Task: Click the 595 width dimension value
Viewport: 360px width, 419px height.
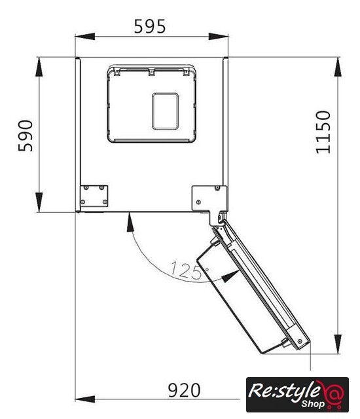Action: click(149, 26)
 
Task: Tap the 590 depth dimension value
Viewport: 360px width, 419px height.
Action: click(26, 136)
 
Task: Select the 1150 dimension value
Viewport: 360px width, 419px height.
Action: click(323, 132)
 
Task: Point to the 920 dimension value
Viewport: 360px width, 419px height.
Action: click(184, 390)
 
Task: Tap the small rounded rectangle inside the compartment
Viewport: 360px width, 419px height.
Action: click(166, 111)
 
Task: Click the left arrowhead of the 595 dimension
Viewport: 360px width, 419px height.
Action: click(85, 37)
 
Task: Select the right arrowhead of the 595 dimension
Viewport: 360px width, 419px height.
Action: click(218, 37)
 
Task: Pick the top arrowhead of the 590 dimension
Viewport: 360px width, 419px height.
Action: click(39, 67)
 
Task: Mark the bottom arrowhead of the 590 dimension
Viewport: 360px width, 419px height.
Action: click(39, 202)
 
